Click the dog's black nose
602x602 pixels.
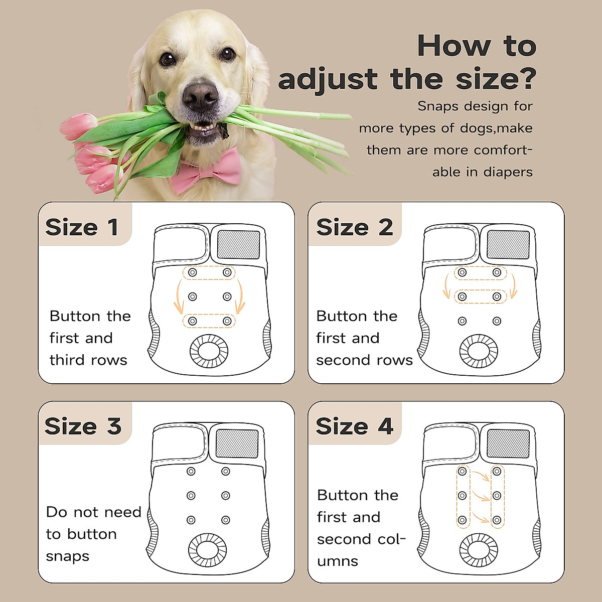pos(201,95)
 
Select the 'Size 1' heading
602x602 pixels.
pos(82,227)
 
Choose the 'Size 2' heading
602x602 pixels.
pos(354,227)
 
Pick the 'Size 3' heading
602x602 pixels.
pos(83,426)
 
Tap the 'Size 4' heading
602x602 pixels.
pos(354,426)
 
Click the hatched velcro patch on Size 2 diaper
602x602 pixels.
pos(508,244)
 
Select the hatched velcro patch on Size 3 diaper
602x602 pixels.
pos(237,443)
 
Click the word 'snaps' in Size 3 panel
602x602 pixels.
pos(67,556)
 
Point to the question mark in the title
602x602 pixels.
pos(524,79)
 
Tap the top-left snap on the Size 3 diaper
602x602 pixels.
pos(191,472)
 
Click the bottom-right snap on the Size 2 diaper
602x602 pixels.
pos(497,321)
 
